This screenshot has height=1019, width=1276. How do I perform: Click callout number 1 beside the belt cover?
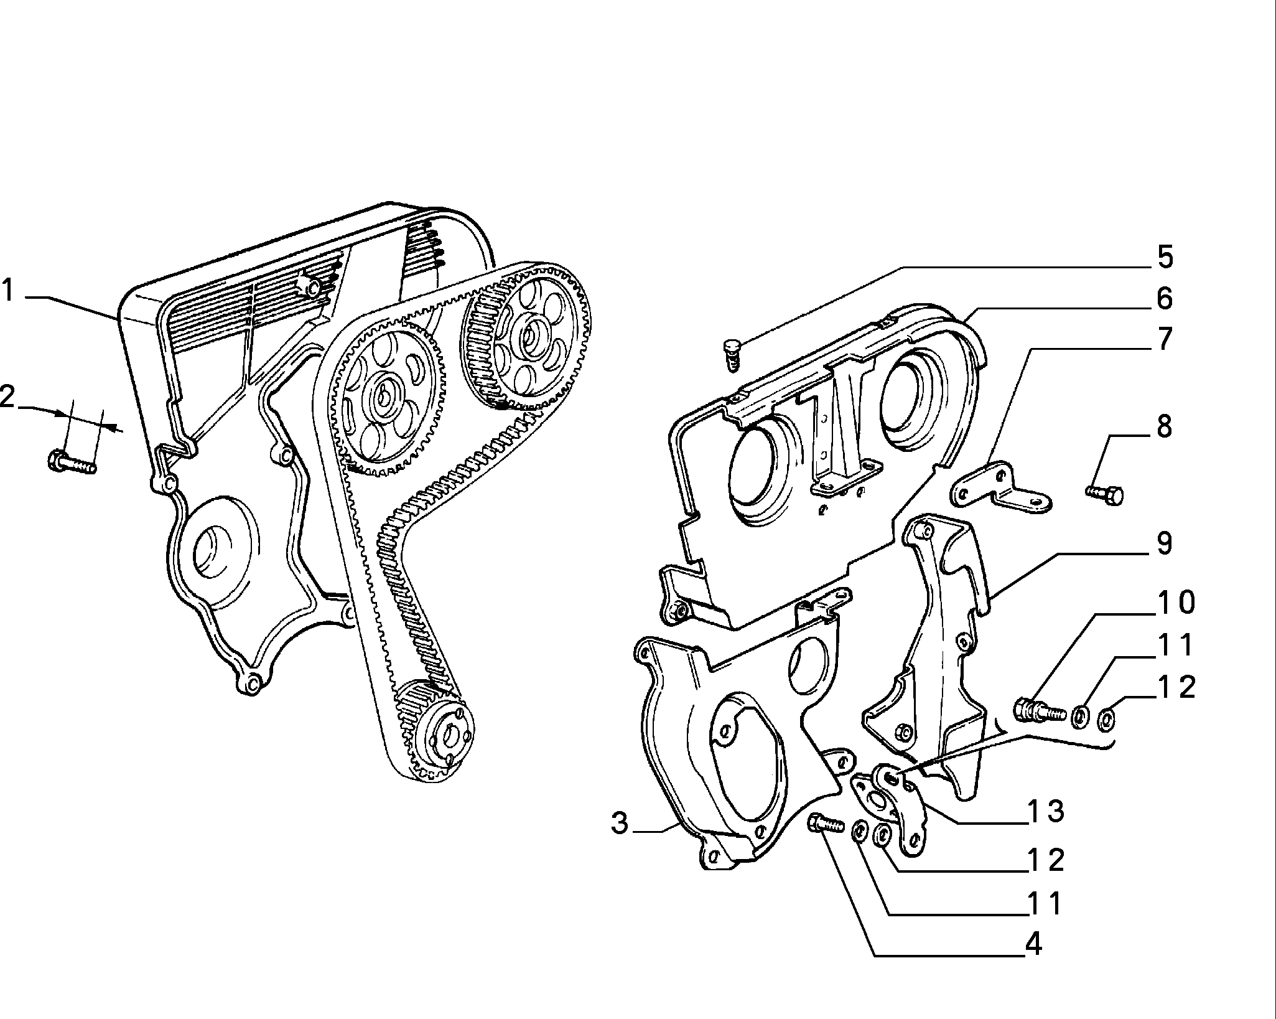(x=8, y=291)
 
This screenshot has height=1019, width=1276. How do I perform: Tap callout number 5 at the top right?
(x=1164, y=258)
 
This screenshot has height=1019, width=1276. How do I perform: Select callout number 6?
(x=1164, y=299)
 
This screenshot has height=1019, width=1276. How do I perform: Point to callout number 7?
(x=1164, y=339)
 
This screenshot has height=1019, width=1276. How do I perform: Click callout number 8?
(x=1164, y=427)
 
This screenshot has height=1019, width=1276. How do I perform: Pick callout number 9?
(x=1164, y=543)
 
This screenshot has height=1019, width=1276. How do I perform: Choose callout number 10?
(x=1175, y=603)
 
